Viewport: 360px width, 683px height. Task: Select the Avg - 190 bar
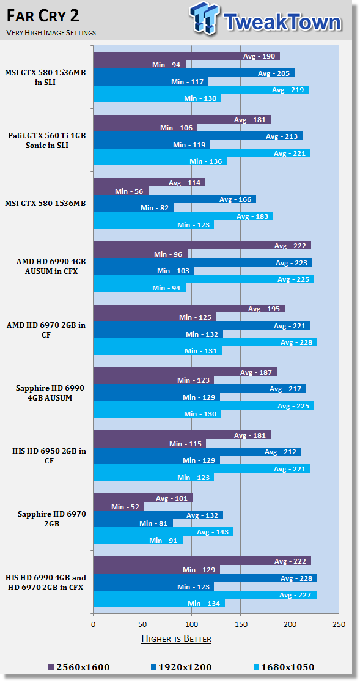(x=186, y=56)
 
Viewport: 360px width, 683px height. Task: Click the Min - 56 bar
(x=120, y=191)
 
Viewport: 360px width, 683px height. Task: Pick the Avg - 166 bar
(x=175, y=199)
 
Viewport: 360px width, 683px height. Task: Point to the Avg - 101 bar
(x=143, y=498)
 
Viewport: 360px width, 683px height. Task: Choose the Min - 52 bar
(x=119, y=506)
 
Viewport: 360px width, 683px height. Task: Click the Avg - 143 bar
(x=163, y=532)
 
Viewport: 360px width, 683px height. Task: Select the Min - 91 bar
(x=138, y=540)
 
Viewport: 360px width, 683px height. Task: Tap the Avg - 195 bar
(x=189, y=309)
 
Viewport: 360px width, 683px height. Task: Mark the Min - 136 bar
(x=160, y=161)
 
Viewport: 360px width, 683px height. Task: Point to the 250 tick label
(x=339, y=625)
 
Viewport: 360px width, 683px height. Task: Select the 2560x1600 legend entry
(x=79, y=667)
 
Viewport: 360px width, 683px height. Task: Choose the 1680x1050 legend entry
(x=283, y=667)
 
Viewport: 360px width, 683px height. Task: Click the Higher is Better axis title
(x=176, y=639)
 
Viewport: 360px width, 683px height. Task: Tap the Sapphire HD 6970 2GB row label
(x=52, y=519)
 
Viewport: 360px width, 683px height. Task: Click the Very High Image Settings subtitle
(x=51, y=32)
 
